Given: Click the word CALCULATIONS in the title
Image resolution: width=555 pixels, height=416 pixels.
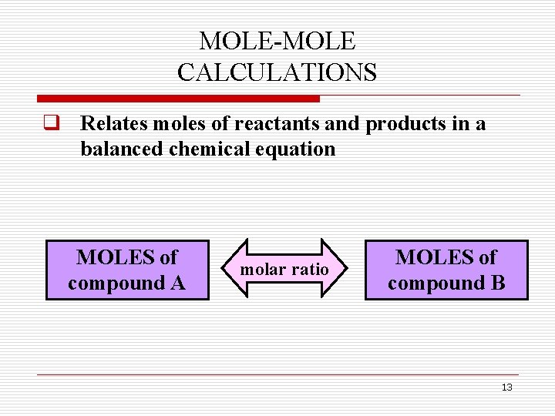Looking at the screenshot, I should pos(277,72).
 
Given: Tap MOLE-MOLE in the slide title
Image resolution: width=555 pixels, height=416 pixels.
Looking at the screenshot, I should pos(277,41).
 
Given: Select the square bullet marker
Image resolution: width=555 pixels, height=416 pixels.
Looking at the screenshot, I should pos(52,123).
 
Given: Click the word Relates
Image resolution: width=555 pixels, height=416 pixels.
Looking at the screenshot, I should pos(114,123).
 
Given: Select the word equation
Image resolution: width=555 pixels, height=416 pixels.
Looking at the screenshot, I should pos(297,149).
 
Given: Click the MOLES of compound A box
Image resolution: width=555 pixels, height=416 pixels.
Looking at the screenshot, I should pos(127,270).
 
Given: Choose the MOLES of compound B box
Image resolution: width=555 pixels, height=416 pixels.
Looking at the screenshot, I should pos(446,270).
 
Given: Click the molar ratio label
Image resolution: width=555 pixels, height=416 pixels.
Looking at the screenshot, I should pos(284,270).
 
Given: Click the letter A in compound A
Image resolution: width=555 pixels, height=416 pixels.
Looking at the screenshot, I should pos(177,283).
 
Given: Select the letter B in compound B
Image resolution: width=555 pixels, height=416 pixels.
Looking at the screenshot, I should pos(498,283).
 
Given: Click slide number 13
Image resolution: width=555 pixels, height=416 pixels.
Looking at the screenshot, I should pos(506,387).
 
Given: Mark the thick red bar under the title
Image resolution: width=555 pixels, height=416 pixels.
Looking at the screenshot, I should pos(178,99).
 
